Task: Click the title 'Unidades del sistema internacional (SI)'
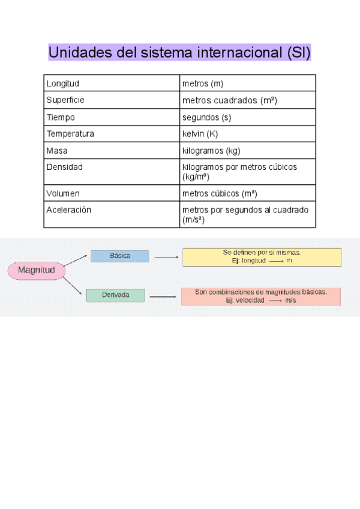pos(179,52)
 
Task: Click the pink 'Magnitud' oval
pos(36,270)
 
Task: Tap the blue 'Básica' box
pos(120,256)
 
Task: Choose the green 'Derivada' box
pos(115,295)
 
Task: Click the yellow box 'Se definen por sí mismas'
pos(262,257)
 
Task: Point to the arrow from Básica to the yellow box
pos(166,257)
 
